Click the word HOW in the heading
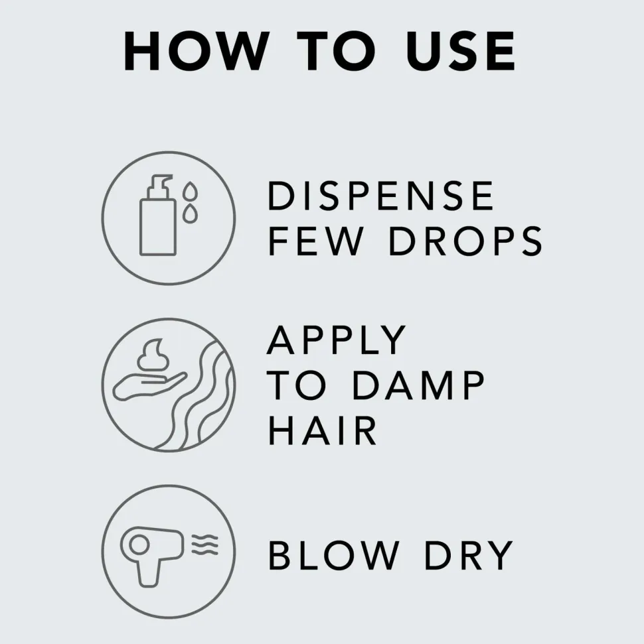pos(197,51)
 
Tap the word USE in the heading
pos(460,51)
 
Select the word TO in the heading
pos(336,51)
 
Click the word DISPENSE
pos(380,196)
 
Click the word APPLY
pos(337,340)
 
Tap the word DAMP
pos(418,385)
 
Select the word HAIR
pos(323,430)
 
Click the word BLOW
pos(333,555)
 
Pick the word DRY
pos(469,555)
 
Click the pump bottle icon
pos(157,215)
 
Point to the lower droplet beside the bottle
pos(190,213)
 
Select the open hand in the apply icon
pos(149,386)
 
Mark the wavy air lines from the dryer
pos(204,545)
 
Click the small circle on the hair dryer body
pos(139,545)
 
